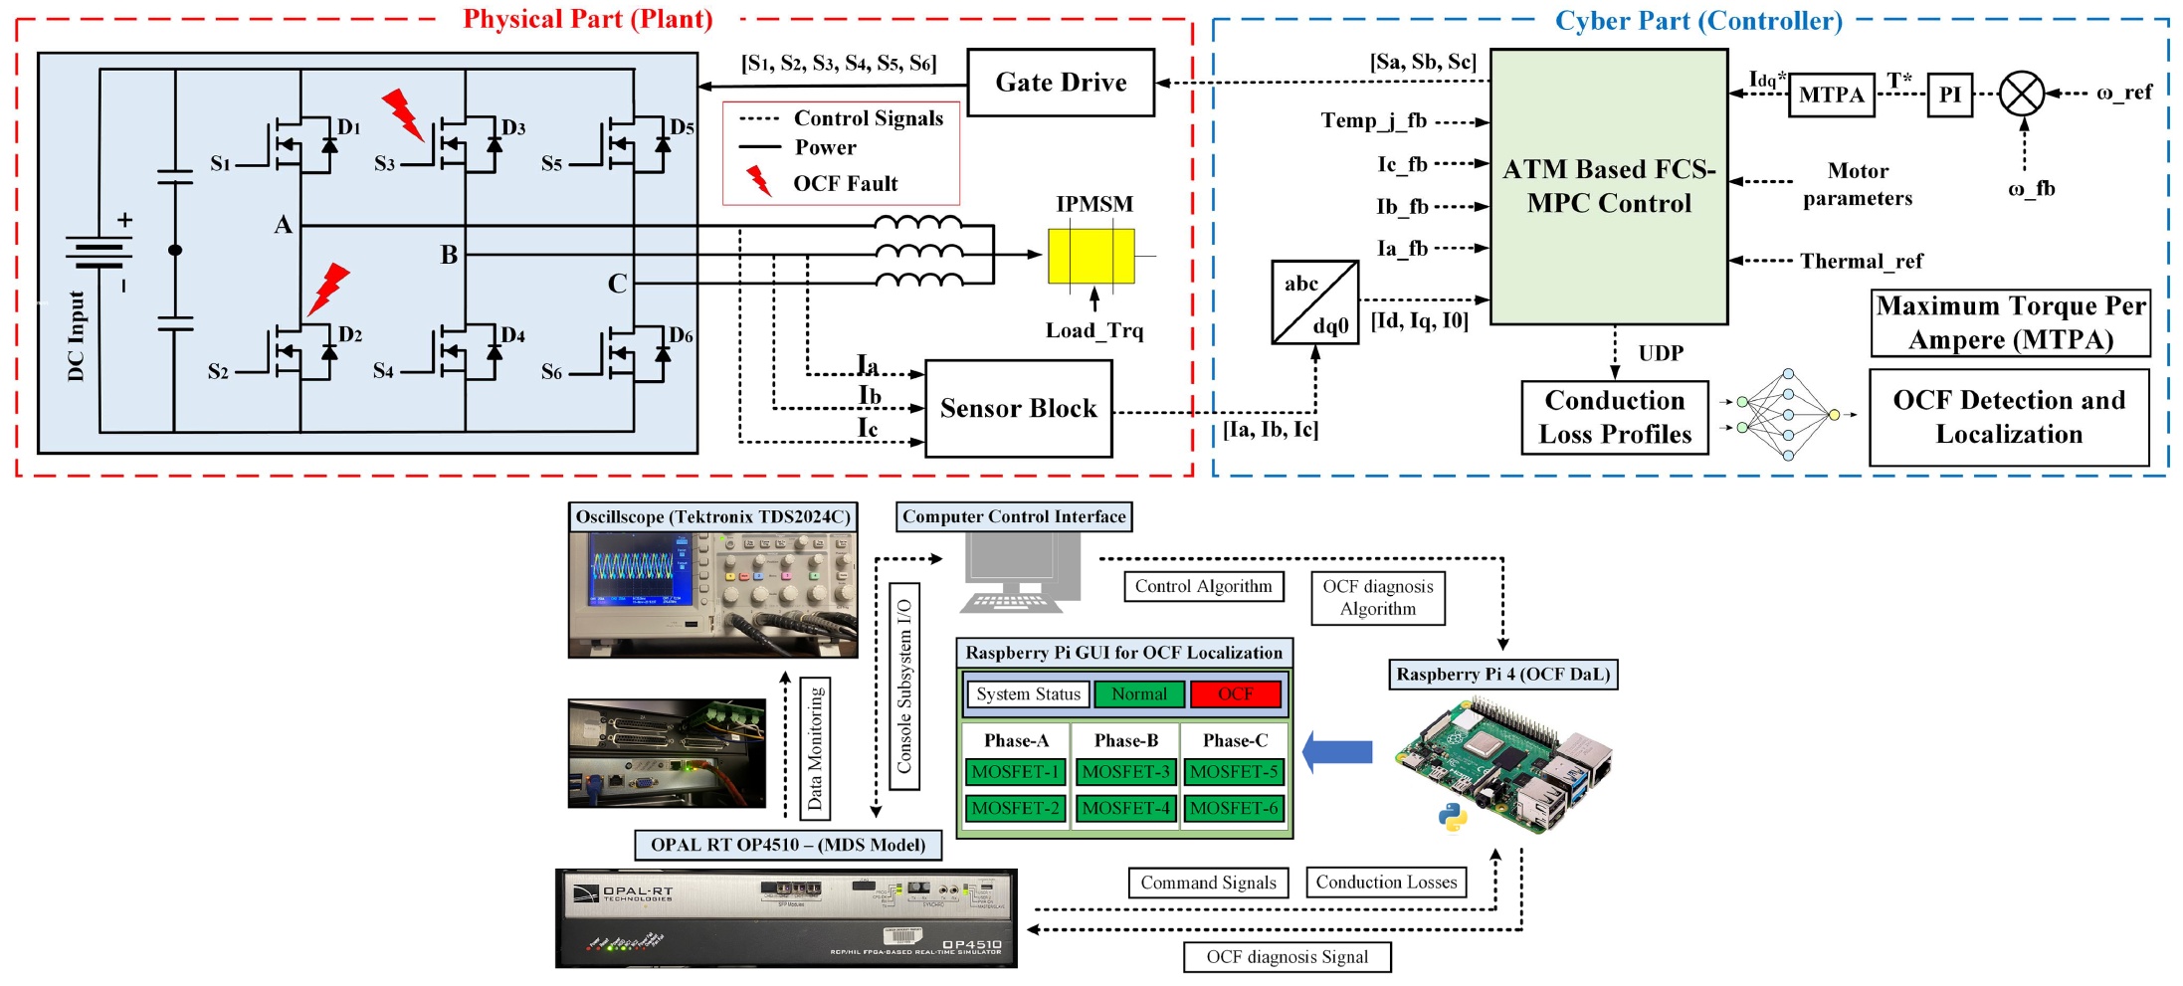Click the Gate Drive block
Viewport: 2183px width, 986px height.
tap(1061, 83)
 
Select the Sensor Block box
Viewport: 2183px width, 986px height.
tap(1018, 408)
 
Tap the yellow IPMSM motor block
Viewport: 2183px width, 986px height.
tap(1091, 256)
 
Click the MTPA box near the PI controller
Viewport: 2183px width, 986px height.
tap(1831, 96)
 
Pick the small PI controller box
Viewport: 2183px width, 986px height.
tap(1949, 96)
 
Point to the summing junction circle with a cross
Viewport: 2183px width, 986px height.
tap(2022, 95)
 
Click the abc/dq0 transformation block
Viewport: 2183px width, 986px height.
tap(1314, 302)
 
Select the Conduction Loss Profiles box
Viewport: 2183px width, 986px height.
tap(1614, 418)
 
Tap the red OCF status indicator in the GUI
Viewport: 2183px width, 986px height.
tap(1235, 694)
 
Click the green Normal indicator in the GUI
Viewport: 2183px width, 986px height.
tap(1138, 694)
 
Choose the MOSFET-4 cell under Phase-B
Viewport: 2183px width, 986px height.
tap(1125, 808)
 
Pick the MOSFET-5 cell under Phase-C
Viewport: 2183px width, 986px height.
tap(1234, 772)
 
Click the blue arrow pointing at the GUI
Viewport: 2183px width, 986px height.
tap(1337, 752)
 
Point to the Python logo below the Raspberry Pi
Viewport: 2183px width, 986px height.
tap(1453, 817)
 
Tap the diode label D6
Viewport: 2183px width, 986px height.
tap(681, 335)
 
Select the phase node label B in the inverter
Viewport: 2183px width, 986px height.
tap(450, 256)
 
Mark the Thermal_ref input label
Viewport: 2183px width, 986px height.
tap(1861, 262)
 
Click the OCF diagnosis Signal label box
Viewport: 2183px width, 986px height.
tap(1287, 957)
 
